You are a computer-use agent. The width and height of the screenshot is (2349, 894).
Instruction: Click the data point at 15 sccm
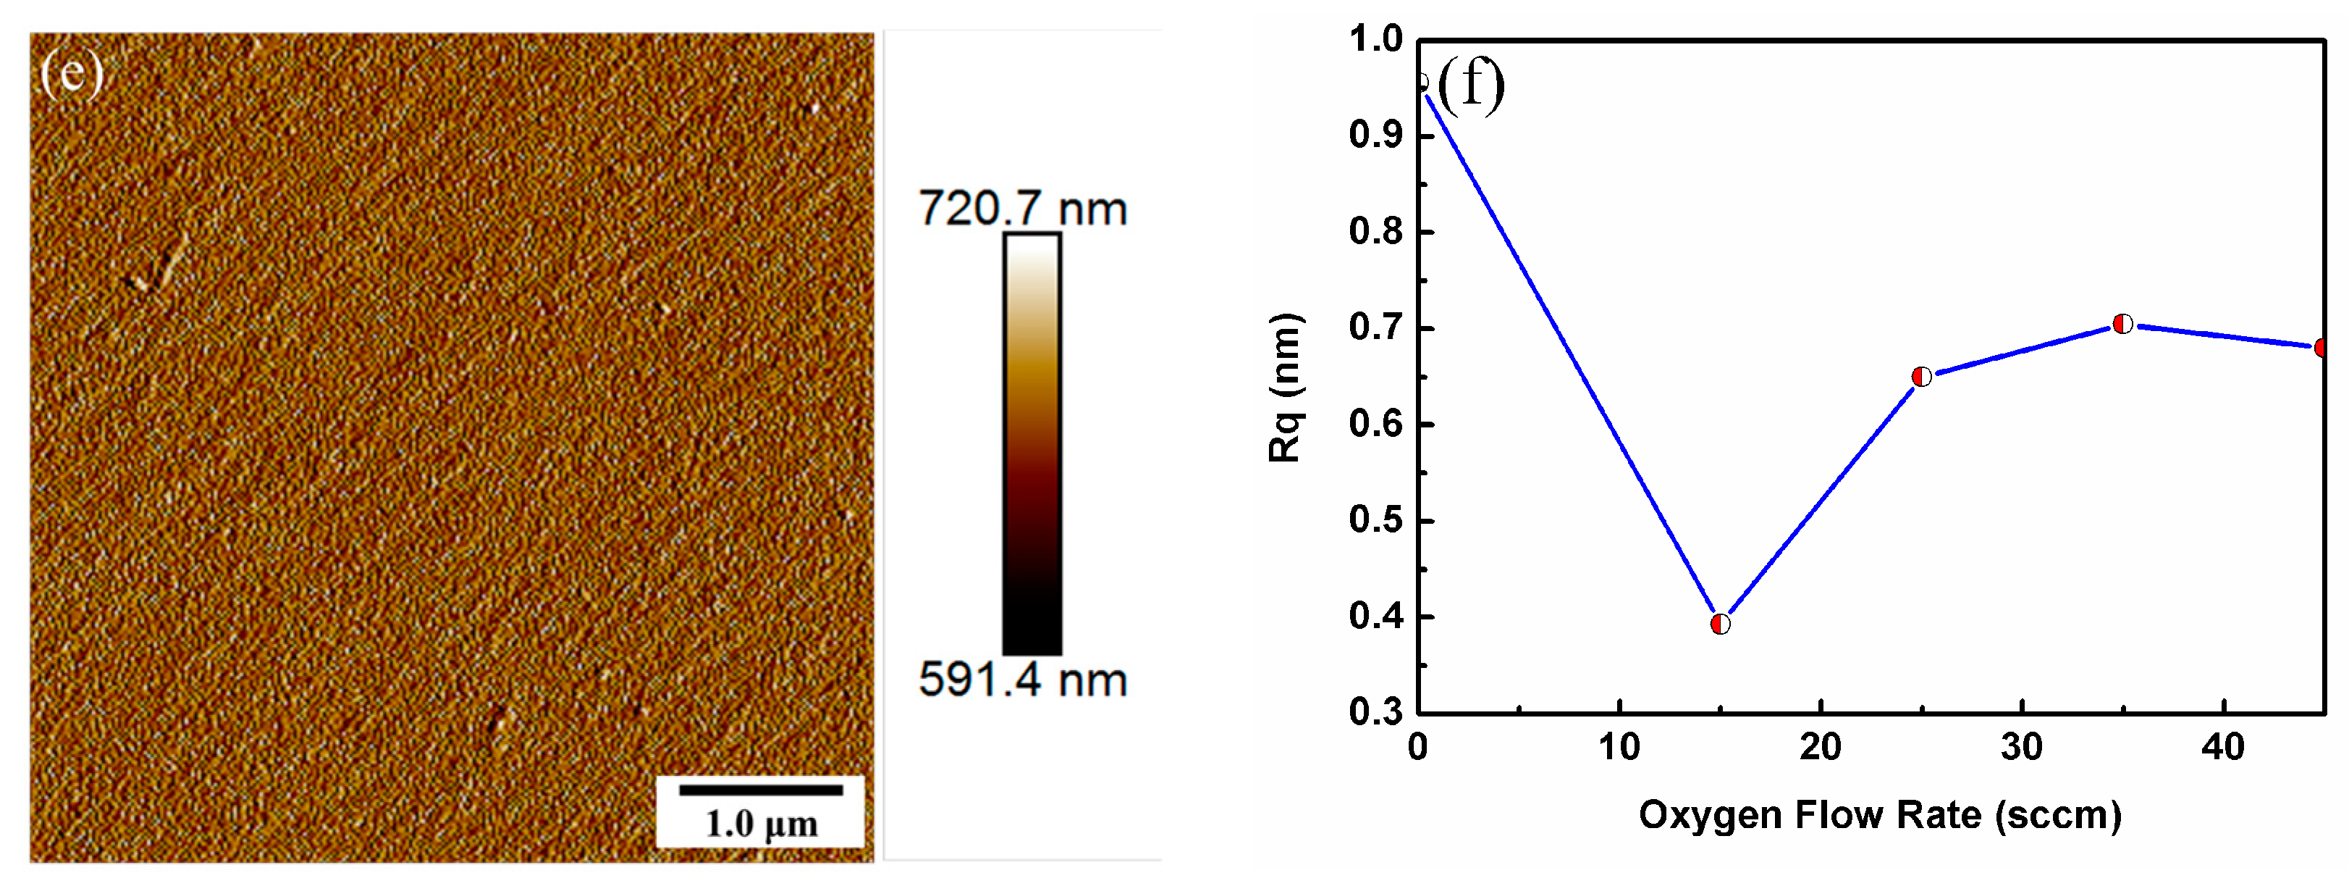tap(1720, 624)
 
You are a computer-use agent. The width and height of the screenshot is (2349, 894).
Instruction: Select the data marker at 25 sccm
tap(1921, 377)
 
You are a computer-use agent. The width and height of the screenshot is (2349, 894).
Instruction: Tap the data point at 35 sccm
tap(2123, 324)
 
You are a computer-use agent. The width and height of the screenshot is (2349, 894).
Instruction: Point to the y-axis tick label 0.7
tap(1376, 327)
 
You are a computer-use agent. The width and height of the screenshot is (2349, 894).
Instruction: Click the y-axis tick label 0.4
tap(1376, 617)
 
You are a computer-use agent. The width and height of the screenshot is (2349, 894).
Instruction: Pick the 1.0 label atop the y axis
tap(1376, 39)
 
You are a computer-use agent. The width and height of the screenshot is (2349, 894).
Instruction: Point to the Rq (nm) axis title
tap(1286, 388)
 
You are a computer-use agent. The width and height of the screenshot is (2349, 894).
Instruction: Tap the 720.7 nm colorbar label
tap(1022, 208)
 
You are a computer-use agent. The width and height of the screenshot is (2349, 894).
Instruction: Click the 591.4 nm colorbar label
tap(1022, 680)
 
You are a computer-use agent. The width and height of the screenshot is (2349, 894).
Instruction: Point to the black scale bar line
tap(761, 789)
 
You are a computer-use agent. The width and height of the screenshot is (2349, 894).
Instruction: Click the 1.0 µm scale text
tap(761, 824)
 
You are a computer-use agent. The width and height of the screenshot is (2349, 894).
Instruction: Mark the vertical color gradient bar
tap(1032, 443)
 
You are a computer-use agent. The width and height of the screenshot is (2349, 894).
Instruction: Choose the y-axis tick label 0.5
tap(1376, 520)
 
